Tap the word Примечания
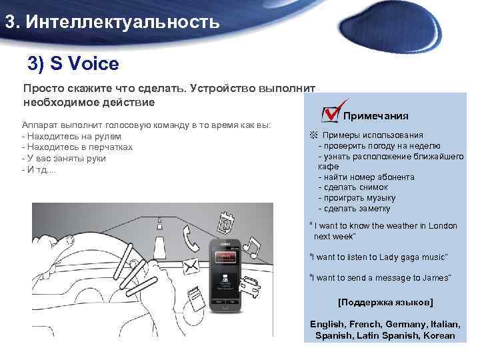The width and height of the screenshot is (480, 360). pos(375,116)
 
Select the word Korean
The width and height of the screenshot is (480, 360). pos(439,335)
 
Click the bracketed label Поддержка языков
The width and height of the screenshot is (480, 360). pos(385,302)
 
